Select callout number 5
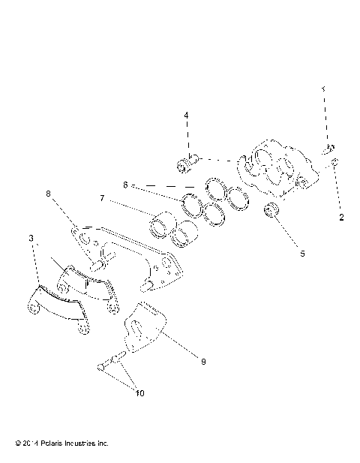303,254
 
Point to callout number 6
125,184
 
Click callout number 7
124,200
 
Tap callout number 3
31,238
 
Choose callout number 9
202,361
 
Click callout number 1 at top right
324,89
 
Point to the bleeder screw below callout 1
328,149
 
